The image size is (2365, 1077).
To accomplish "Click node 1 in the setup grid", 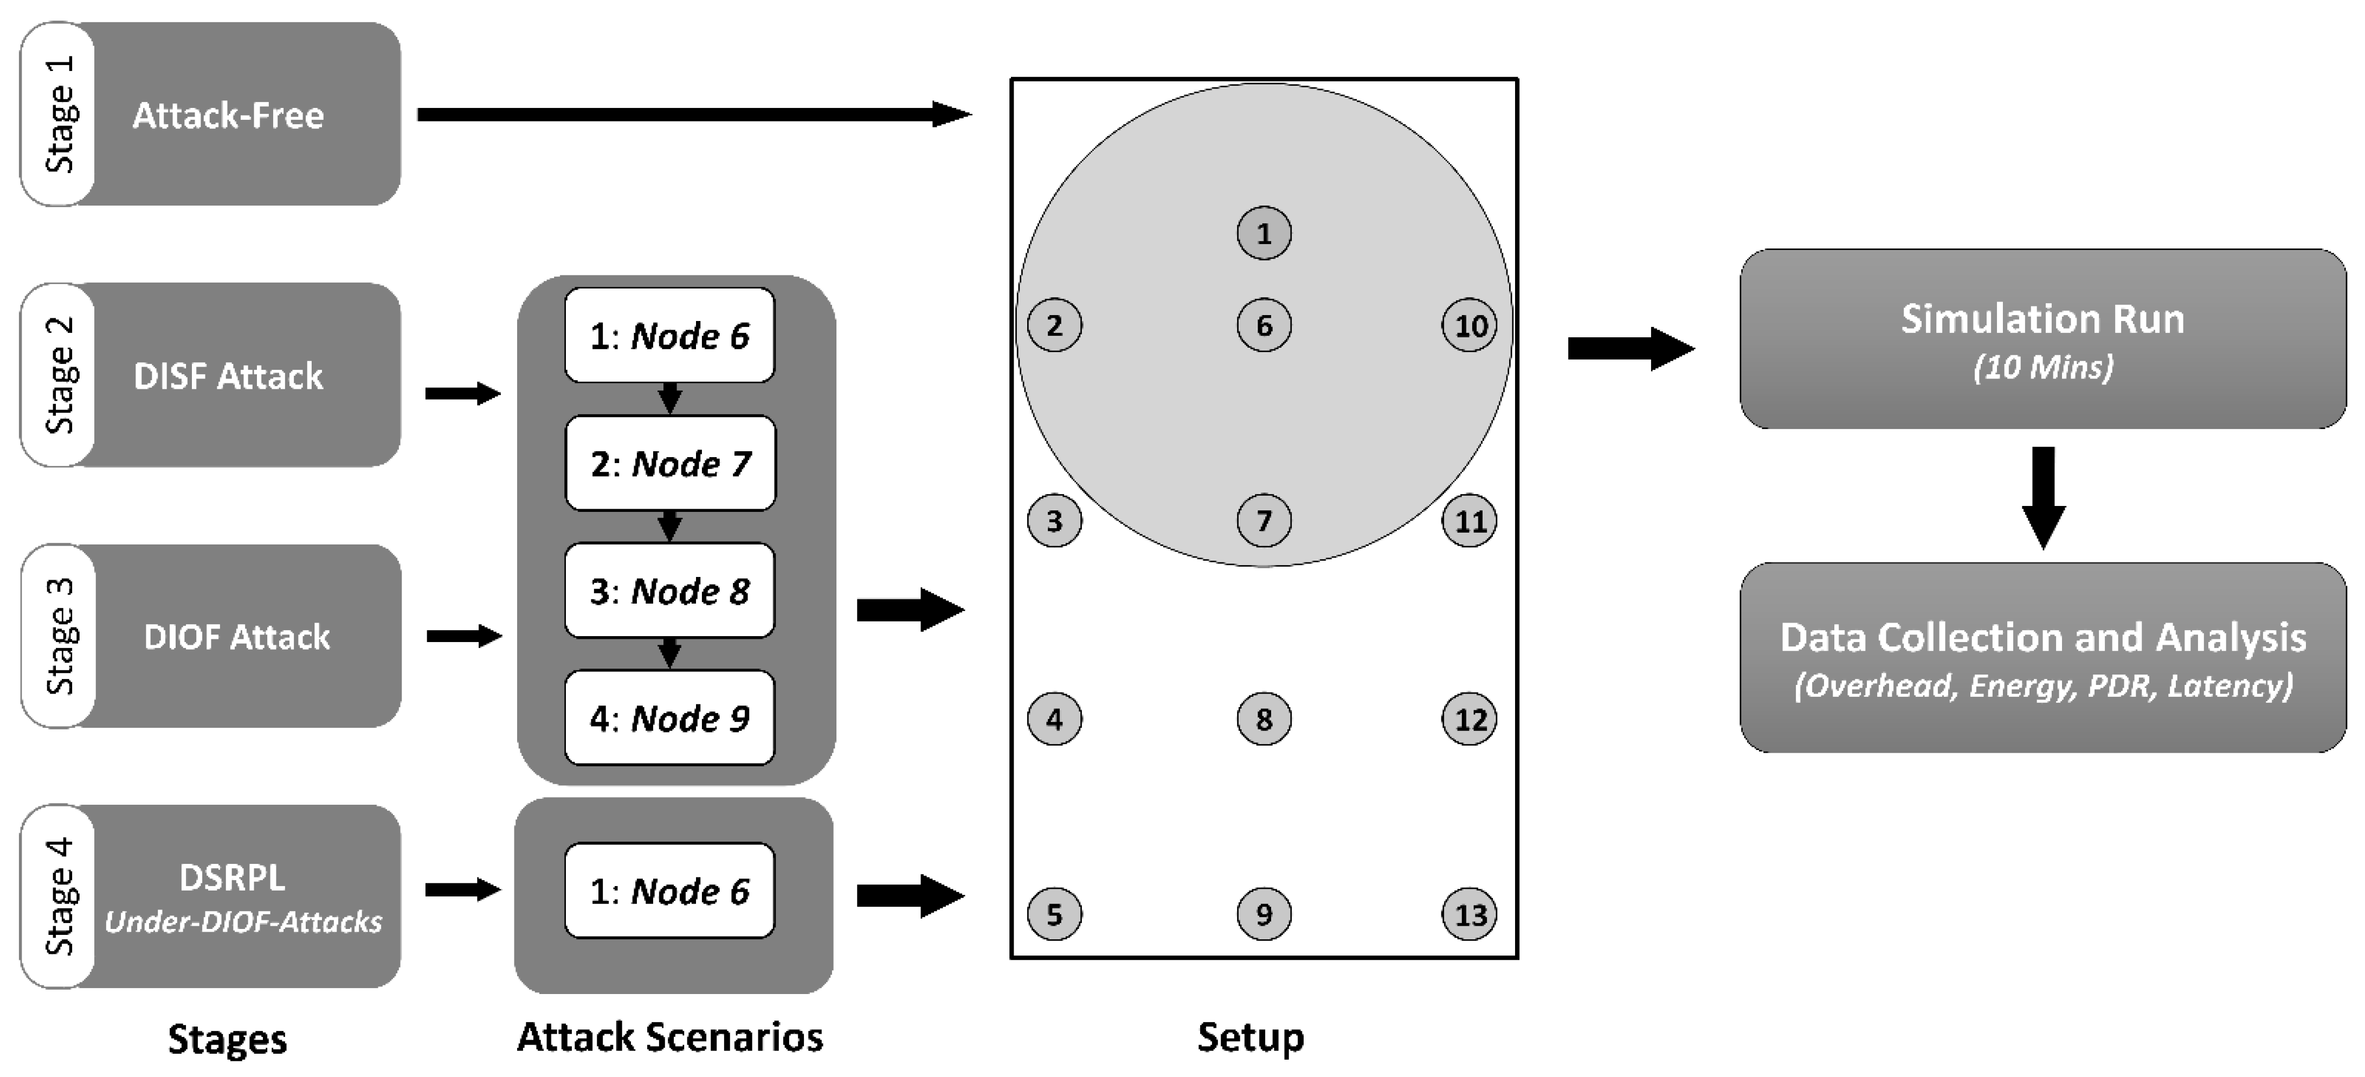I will click(x=1264, y=233).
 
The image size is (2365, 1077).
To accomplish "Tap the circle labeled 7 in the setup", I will click(x=1264, y=521).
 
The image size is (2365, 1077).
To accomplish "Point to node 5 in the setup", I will click(x=1054, y=914).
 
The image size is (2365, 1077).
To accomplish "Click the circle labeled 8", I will click(x=1264, y=719).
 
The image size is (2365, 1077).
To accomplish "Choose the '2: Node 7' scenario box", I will click(x=670, y=464).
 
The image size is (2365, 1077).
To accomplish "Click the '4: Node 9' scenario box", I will click(x=670, y=718).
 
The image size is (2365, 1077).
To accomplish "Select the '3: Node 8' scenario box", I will click(x=670, y=591).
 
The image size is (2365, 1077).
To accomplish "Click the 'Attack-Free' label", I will click(x=229, y=116).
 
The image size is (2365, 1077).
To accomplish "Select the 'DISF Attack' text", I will click(x=229, y=376).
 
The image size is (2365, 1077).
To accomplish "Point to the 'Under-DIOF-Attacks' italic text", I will click(x=243, y=922).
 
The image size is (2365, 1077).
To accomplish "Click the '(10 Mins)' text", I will click(x=2043, y=367).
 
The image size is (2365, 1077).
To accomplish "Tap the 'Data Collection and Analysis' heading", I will click(x=2043, y=637).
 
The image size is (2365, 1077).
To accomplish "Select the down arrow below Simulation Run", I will click(x=2043, y=496).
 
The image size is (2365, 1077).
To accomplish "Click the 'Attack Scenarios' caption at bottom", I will click(x=670, y=1037).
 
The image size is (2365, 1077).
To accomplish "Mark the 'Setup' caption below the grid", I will click(x=1251, y=1037).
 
